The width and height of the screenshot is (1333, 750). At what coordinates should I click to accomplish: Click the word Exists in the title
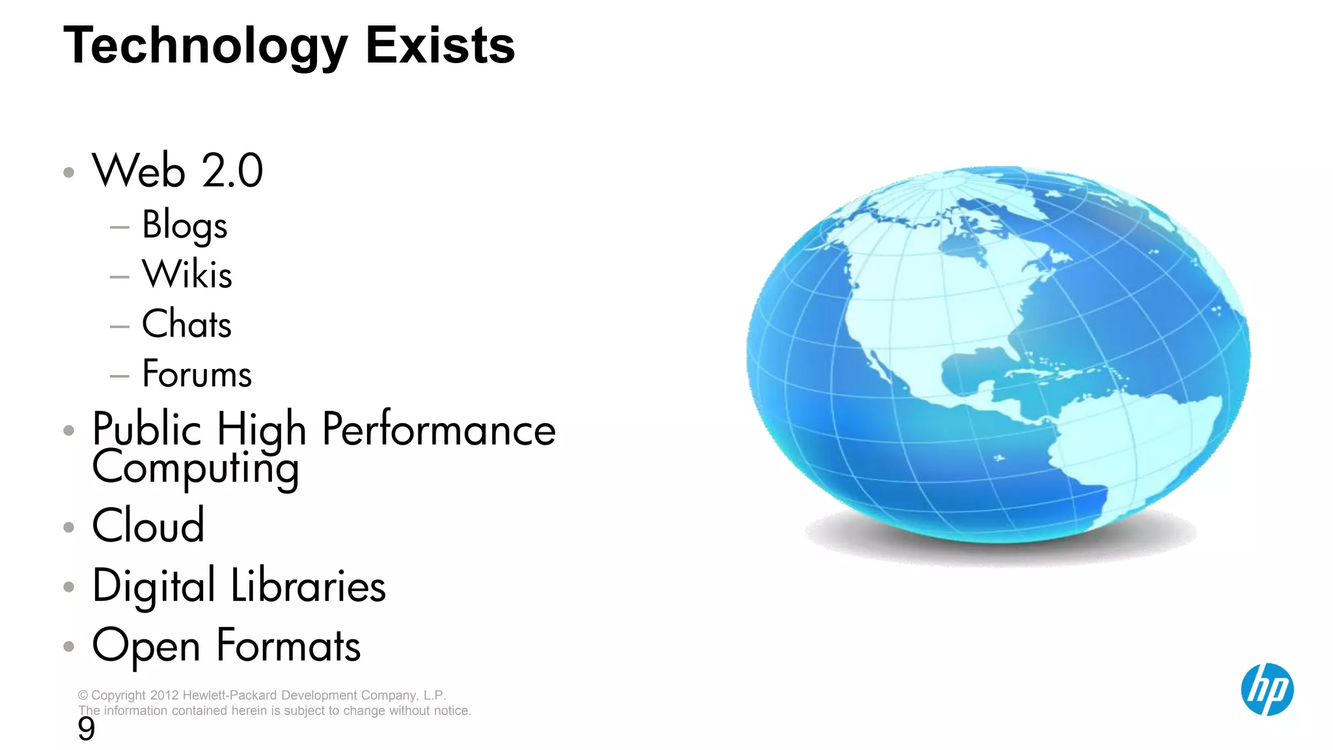pos(440,46)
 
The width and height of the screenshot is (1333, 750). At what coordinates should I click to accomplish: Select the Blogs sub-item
pos(185,225)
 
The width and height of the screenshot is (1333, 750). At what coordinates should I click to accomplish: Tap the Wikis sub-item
pos(187,274)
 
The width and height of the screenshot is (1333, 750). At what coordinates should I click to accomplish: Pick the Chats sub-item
pos(187,324)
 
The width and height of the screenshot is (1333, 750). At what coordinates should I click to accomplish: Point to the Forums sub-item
pos(197,374)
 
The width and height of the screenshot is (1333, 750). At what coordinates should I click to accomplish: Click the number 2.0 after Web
pos(232,171)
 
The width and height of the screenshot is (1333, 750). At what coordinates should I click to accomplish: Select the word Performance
pos(439,430)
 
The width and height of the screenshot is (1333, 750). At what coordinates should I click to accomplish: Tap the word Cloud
pos(148,525)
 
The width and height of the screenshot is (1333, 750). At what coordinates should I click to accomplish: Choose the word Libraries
pos(309,586)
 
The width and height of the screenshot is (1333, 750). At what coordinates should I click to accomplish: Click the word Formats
pos(288,646)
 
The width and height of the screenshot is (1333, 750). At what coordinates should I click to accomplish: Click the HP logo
pos(1267,689)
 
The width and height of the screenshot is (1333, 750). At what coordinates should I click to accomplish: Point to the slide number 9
pos(86,729)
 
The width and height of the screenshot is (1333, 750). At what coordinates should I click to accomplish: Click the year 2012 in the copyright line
pos(165,695)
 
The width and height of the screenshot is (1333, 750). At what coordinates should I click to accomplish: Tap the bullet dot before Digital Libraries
pos(69,587)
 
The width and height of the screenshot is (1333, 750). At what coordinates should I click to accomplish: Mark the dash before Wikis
pos(120,277)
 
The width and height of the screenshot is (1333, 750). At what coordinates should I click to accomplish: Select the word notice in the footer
pos(450,711)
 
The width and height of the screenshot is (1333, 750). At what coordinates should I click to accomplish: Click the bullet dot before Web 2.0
pos(69,173)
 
